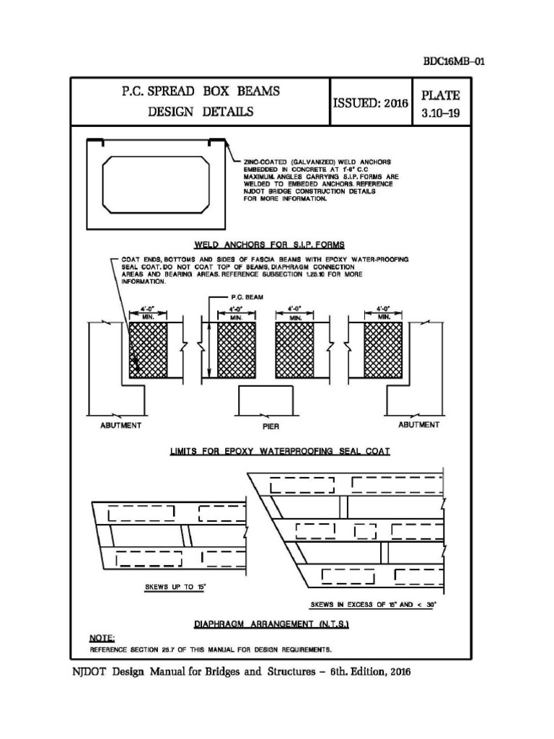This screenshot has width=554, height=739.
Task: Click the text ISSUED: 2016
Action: click(x=370, y=103)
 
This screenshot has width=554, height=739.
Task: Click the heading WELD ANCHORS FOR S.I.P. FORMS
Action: click(x=270, y=244)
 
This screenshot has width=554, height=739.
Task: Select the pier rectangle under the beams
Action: click(x=265, y=401)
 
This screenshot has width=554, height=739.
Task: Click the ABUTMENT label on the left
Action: click(x=120, y=425)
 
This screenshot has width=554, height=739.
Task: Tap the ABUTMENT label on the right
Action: click(x=418, y=425)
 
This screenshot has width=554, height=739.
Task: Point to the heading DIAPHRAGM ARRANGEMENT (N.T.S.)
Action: click(x=271, y=623)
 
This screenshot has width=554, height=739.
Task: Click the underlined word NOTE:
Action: click(x=98, y=638)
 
